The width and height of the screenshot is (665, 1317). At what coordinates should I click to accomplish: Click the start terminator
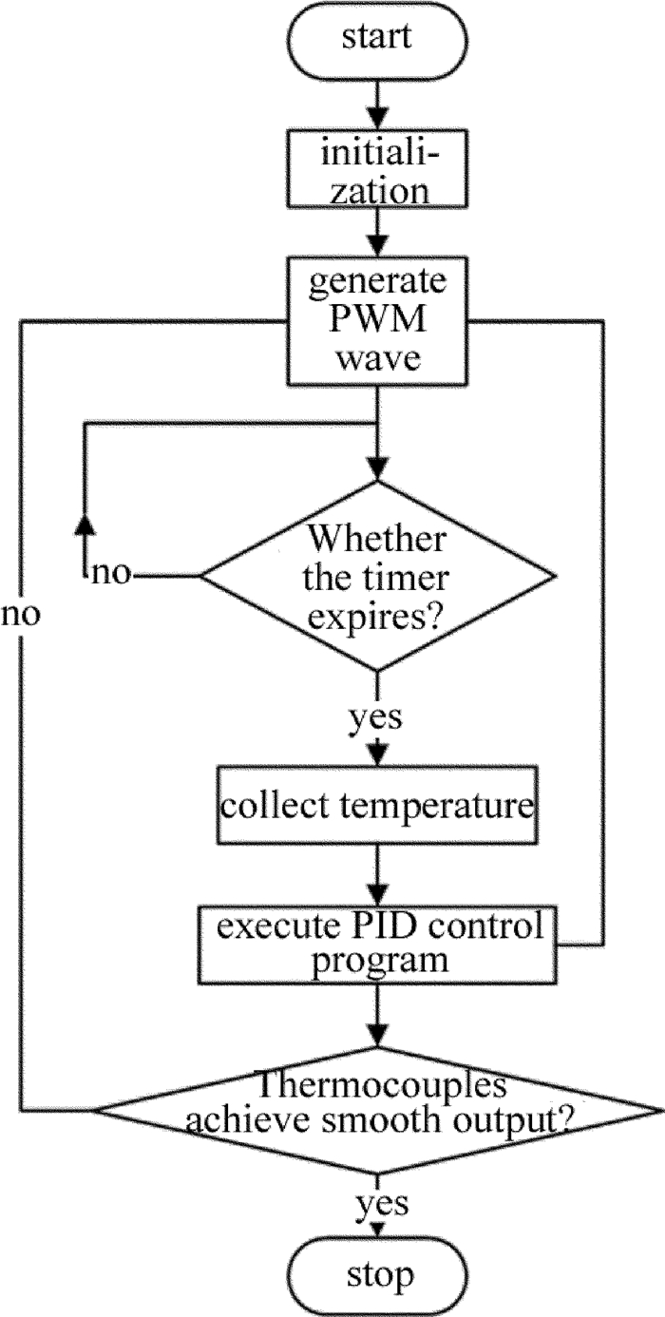click(377, 39)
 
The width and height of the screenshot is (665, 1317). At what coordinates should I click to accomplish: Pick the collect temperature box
click(378, 809)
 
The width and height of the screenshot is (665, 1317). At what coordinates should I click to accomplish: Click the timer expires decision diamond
click(378, 576)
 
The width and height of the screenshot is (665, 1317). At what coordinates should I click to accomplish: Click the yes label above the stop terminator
click(382, 1204)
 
